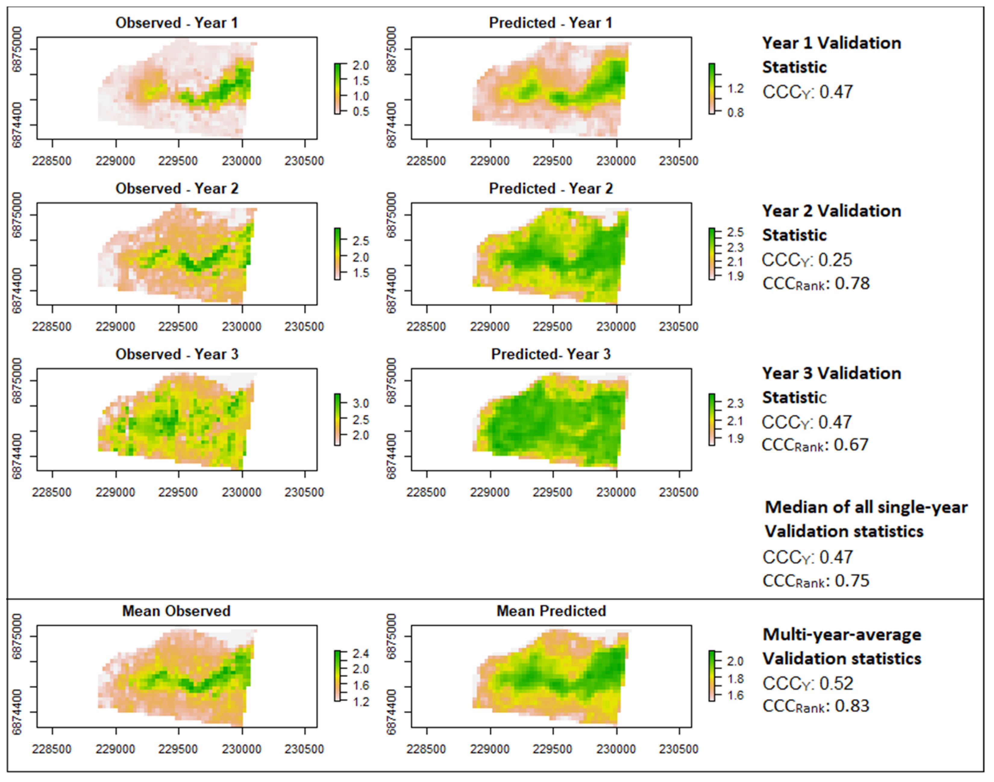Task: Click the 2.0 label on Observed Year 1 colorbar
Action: pyautogui.click(x=360, y=65)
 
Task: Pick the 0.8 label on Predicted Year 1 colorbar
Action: pyautogui.click(x=735, y=113)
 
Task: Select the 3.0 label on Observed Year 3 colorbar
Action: pyautogui.click(x=360, y=403)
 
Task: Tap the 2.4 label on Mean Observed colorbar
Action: pyautogui.click(x=360, y=653)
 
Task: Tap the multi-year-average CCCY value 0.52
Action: pyautogui.click(x=836, y=683)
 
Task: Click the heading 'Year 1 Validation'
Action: pyautogui.click(x=831, y=43)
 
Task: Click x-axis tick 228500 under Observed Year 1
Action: pyautogui.click(x=52, y=161)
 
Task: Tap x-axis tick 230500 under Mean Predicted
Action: pyautogui.click(x=679, y=749)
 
